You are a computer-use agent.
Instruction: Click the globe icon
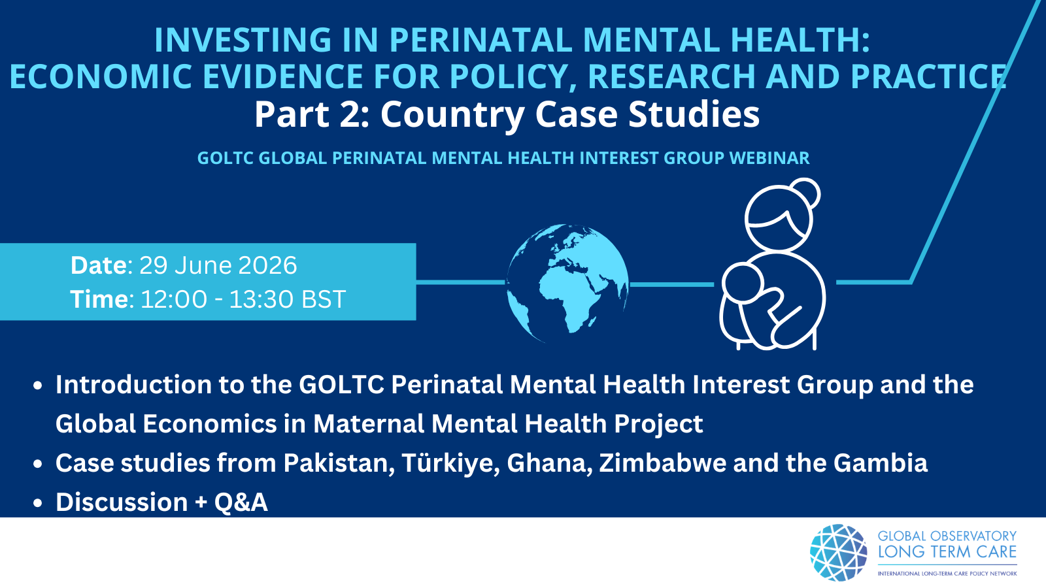tap(567, 284)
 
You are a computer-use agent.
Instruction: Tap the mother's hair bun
tap(805, 193)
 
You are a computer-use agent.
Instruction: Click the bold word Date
tap(99, 265)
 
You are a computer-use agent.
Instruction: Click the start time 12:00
tap(174, 299)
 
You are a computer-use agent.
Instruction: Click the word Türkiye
tap(450, 463)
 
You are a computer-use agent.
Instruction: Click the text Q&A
tap(241, 502)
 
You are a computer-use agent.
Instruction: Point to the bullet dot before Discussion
tap(38, 503)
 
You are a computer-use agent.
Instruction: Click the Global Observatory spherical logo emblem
tap(839, 553)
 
